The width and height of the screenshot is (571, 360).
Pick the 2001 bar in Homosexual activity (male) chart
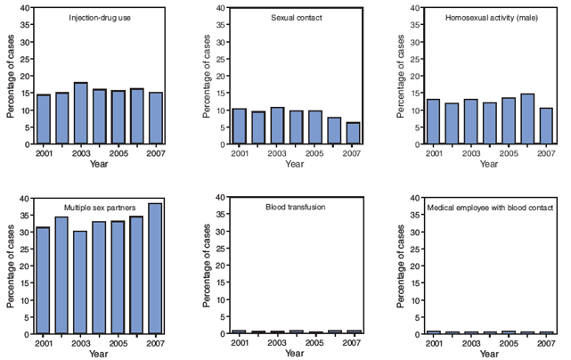433,121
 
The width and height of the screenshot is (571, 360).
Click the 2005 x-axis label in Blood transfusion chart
314,343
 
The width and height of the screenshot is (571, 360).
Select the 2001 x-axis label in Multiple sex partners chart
43,343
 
